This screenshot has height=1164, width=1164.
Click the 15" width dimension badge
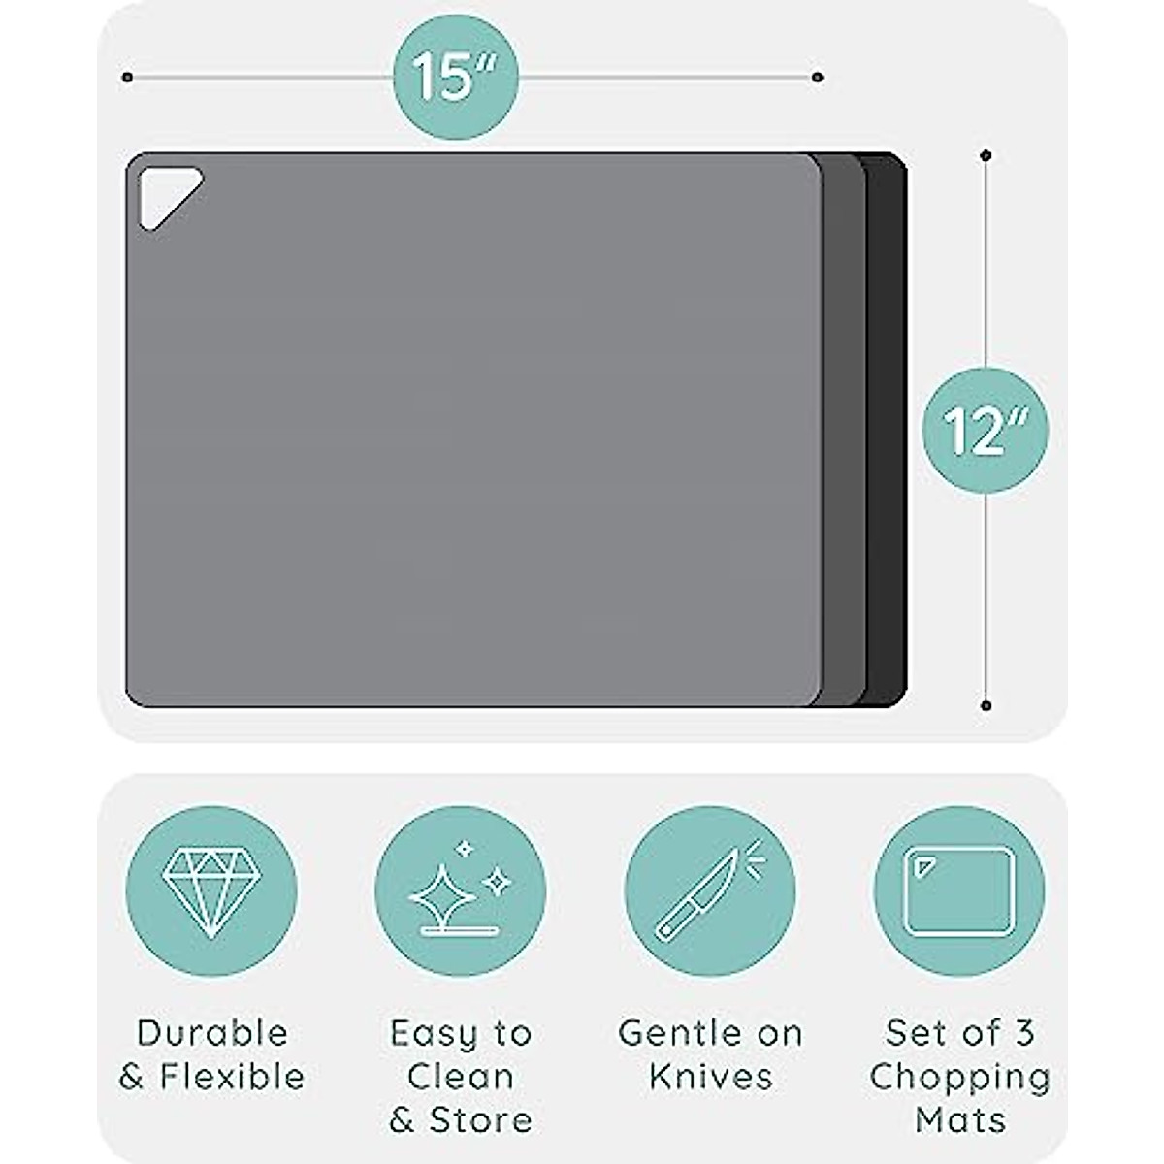[456, 77]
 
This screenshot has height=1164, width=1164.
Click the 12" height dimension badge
[985, 430]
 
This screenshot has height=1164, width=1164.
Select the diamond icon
[211, 891]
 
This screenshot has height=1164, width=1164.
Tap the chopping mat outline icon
[958, 891]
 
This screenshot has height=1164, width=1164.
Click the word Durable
[212, 1033]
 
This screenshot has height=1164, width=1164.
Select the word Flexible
[233, 1077]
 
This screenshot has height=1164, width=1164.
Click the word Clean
[461, 1077]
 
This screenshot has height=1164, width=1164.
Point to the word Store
[481, 1120]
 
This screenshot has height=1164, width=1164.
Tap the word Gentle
[672, 1033]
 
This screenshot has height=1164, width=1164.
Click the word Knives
[711, 1077]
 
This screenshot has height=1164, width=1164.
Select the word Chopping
[959, 1077]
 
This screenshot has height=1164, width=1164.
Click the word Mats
[959, 1120]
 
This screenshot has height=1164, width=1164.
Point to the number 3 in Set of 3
[1023, 1033]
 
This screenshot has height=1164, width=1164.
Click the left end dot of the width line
[127, 77]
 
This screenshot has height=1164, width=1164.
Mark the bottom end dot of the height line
[986, 705]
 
